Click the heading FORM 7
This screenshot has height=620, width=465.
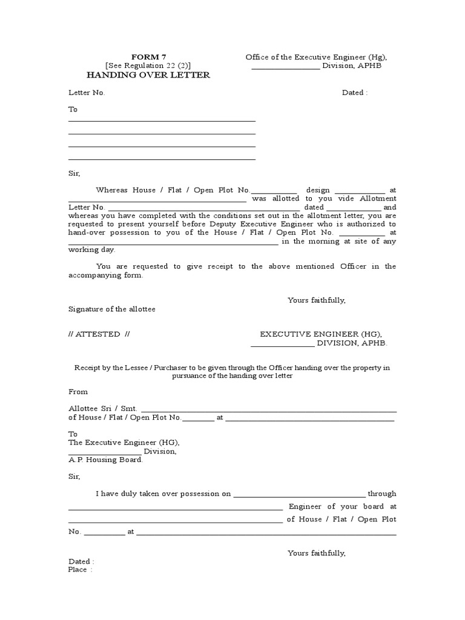[x=148, y=57]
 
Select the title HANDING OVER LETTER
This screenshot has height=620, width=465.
[x=148, y=74]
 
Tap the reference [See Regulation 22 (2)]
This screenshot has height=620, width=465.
[x=148, y=65]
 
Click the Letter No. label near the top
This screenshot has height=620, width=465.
[x=87, y=93]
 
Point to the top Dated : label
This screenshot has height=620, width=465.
[x=355, y=93]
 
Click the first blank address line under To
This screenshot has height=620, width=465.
[x=162, y=120]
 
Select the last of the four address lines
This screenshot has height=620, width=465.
[x=162, y=159]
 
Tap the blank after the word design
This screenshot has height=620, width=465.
[x=359, y=190]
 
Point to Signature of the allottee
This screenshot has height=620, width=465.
[x=111, y=309]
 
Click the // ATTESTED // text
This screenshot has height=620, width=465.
[x=99, y=334]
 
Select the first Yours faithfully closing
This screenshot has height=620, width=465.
[x=316, y=300]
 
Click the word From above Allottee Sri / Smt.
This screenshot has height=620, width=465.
[x=78, y=392]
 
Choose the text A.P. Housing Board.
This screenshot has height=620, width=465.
[x=105, y=460]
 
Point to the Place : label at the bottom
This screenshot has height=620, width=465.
[x=80, y=570]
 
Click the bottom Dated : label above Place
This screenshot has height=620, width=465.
[x=81, y=561]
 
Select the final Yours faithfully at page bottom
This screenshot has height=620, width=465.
[x=316, y=553]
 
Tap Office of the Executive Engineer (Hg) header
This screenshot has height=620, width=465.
[x=315, y=57]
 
